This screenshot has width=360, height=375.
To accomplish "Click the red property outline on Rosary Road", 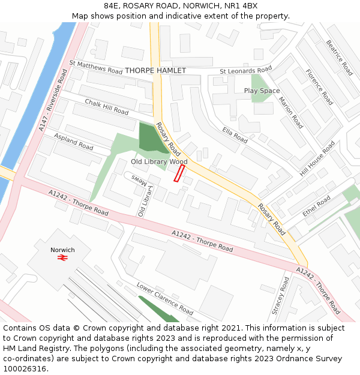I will click(x=179, y=173).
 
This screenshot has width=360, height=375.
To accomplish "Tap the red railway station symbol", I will click(x=62, y=258).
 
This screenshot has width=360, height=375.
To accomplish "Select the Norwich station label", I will click(x=63, y=250).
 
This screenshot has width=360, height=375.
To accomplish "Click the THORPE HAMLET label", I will click(x=155, y=71).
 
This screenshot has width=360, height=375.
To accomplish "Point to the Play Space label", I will click(x=262, y=91).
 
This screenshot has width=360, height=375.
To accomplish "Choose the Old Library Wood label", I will click(x=159, y=162).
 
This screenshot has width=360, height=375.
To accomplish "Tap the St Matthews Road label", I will click(x=96, y=67).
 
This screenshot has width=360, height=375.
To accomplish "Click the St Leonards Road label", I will click(x=245, y=70).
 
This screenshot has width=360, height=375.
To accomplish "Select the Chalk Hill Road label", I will click(x=106, y=107).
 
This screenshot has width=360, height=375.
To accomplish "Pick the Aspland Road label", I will click(x=73, y=142).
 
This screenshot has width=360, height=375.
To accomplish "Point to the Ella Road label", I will click(x=235, y=135).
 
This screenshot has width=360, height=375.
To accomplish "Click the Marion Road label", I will click(x=291, y=112).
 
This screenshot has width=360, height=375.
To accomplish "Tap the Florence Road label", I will click(x=319, y=88).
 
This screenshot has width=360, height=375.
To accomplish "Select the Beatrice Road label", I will click(x=339, y=58).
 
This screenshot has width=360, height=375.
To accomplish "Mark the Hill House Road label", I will click(x=317, y=159).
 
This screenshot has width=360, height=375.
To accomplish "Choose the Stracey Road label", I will click(x=280, y=295).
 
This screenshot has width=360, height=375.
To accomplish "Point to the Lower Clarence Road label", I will click(x=164, y=298).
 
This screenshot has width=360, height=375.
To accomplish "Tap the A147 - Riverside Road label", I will click(x=53, y=100).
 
